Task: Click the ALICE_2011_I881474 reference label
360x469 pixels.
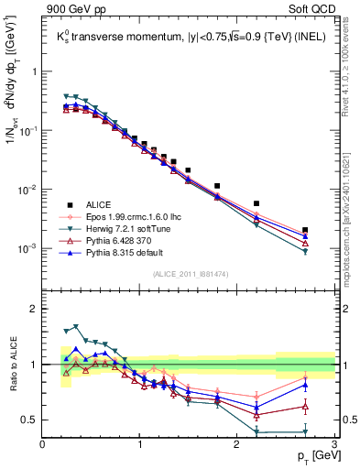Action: click(189, 274)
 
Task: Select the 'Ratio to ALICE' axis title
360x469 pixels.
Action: click(11, 364)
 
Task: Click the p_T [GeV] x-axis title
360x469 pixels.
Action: click(311, 455)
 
